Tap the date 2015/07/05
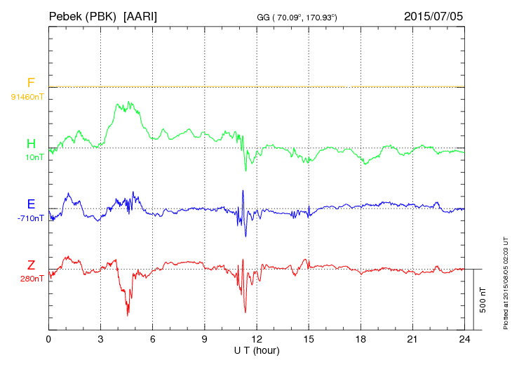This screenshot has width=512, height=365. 433,15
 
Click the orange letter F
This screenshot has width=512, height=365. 31,83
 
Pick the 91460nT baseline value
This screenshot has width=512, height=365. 27,96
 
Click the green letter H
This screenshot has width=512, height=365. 31,144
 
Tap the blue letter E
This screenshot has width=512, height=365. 31,204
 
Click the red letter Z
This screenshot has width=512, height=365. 31,265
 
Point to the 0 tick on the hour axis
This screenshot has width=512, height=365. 48,339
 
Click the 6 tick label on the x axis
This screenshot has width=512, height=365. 153,339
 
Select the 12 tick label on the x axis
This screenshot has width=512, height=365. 257,339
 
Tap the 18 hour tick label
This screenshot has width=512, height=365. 361,339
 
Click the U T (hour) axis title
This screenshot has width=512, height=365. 257,350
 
